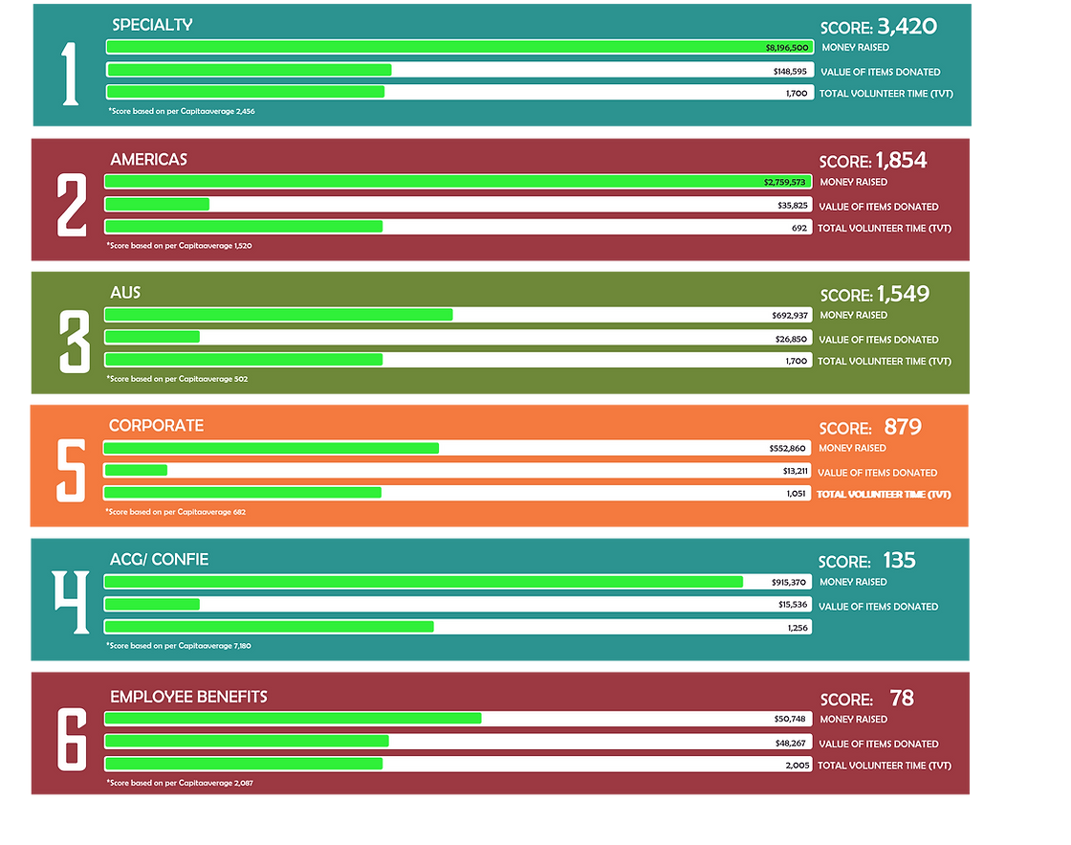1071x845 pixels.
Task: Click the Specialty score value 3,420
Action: coord(907,27)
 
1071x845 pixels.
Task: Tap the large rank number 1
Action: coord(71,74)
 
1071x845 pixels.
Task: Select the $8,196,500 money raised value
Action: coord(787,47)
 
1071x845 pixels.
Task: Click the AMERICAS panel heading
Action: coord(148,160)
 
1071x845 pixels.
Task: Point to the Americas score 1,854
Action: coord(902,161)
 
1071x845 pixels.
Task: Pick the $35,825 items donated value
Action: coord(793,206)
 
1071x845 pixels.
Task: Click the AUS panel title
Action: coord(125,292)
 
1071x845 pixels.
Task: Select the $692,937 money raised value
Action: coord(790,315)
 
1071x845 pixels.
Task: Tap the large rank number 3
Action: coord(74,341)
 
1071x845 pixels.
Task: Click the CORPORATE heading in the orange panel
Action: coord(156,426)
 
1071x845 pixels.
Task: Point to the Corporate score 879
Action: coord(903,427)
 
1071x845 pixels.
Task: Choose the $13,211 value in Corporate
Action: coord(796,472)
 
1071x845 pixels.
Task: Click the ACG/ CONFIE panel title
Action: coord(159,559)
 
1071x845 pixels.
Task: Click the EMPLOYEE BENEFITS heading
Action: coord(188,697)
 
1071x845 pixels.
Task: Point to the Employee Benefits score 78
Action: coord(902,699)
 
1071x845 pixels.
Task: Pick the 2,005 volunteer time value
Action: coord(797,765)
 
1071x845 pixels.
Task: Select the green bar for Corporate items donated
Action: coord(136,470)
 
